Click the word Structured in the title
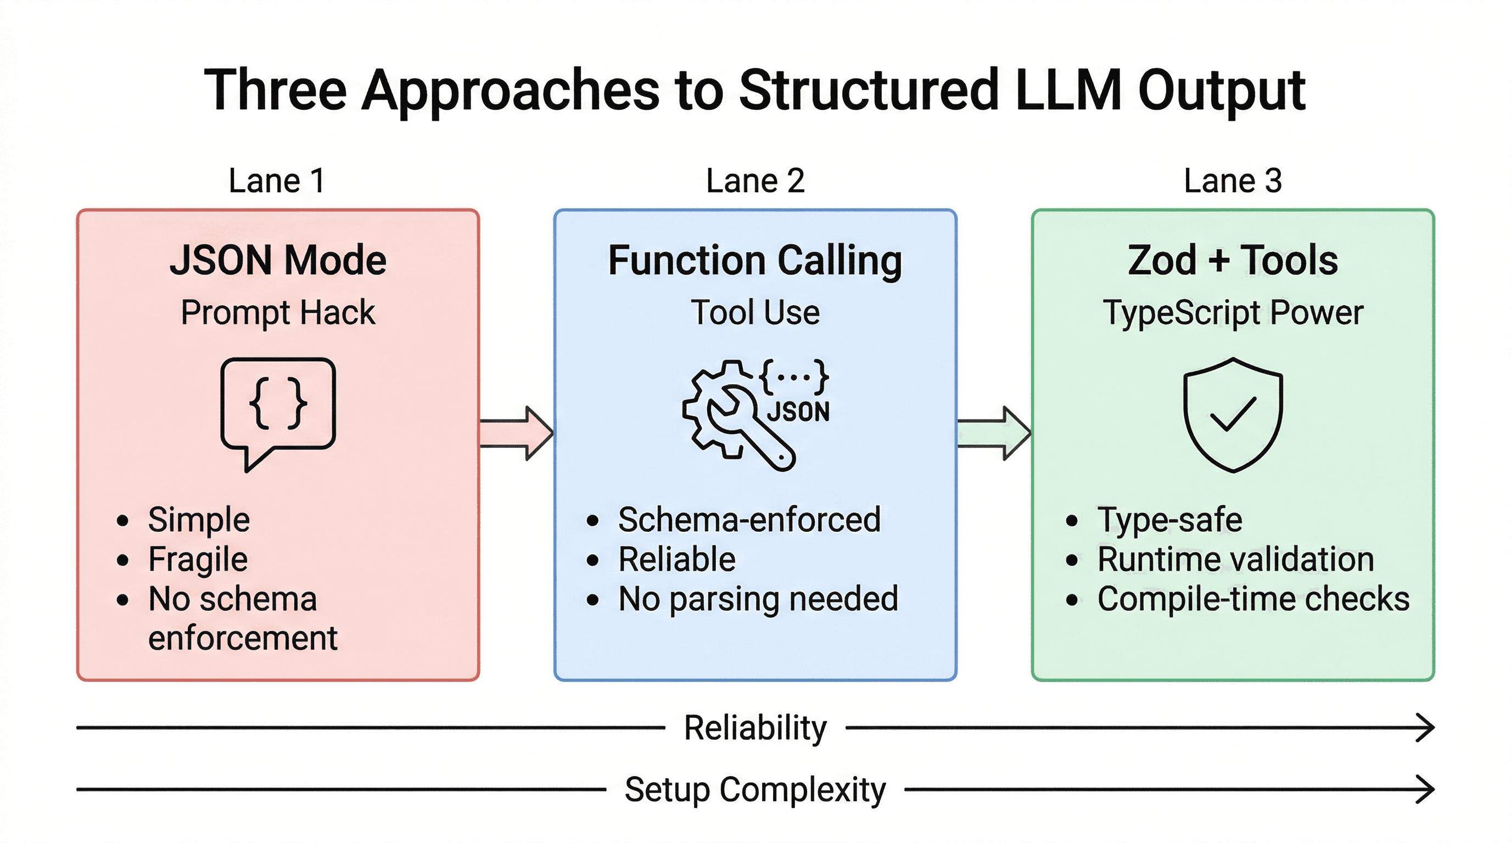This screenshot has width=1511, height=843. pos(868,91)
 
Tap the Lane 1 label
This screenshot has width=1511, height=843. pos(276,181)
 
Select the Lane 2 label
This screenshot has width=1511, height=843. pos(755,181)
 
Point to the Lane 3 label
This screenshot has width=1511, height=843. pos(1233,181)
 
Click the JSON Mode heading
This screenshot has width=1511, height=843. pos(278,260)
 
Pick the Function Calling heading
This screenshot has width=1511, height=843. pos(755,260)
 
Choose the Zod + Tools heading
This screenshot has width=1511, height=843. pos(1233,260)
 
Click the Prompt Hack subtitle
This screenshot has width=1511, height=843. pos(278,312)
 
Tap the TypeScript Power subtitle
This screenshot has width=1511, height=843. pos(1233,312)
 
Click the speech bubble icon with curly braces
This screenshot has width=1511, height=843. pos(278,407)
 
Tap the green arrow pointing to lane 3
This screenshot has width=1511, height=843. pos(994,433)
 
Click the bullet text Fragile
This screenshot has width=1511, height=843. pos(198,559)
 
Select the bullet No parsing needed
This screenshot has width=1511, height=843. pos(758,599)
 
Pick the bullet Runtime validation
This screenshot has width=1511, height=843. pos(1235,559)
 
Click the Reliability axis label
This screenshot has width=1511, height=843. pos(755,728)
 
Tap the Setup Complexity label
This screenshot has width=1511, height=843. pos(755,790)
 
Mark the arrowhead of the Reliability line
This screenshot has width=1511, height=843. pos(1426,728)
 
